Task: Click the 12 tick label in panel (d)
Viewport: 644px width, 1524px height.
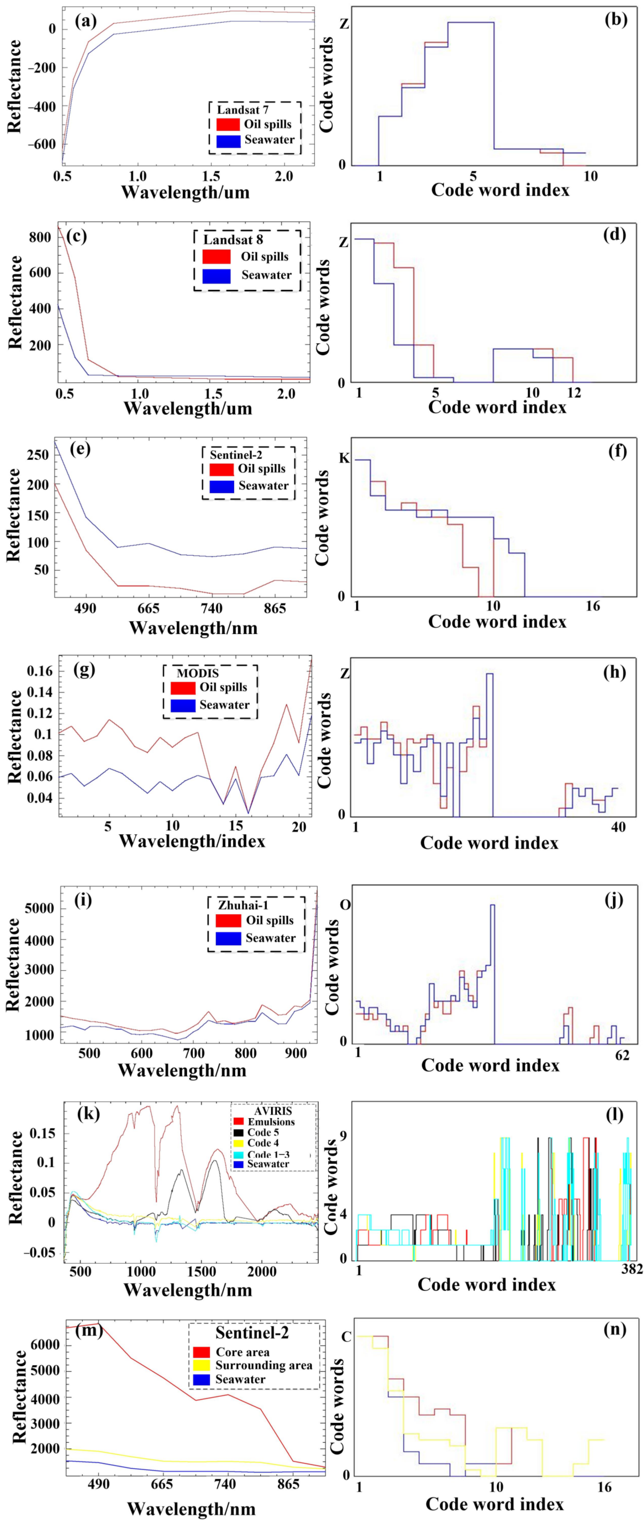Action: [x=574, y=393]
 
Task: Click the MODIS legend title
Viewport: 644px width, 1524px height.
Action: [x=198, y=673]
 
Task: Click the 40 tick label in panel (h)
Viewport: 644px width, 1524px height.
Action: [x=618, y=827]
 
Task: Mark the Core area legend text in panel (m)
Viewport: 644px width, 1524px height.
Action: [x=243, y=1352]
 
